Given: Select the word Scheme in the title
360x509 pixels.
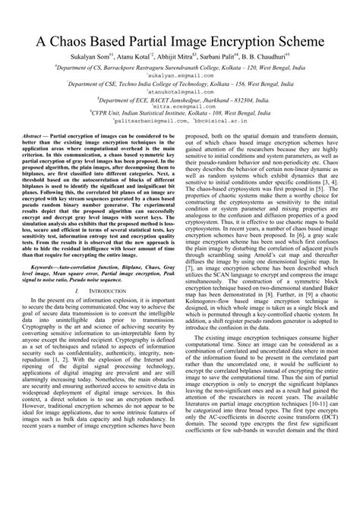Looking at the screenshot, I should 311,39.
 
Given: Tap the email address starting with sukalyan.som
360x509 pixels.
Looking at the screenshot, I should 179,77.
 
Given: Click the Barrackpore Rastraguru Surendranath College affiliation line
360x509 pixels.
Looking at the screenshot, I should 179,67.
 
